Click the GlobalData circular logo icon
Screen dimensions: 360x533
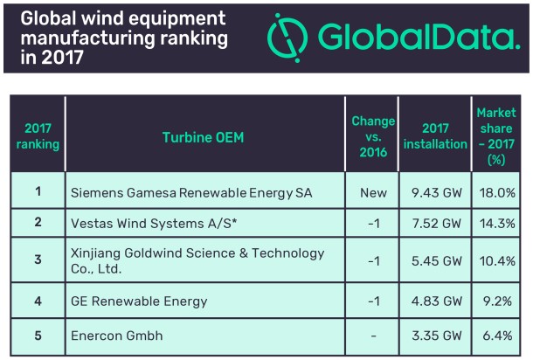288,36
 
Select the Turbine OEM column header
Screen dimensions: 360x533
203,137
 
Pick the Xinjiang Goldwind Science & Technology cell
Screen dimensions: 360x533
196,261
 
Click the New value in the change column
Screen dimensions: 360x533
373,191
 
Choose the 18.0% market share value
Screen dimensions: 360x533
498,191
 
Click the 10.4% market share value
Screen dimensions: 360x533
498,261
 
